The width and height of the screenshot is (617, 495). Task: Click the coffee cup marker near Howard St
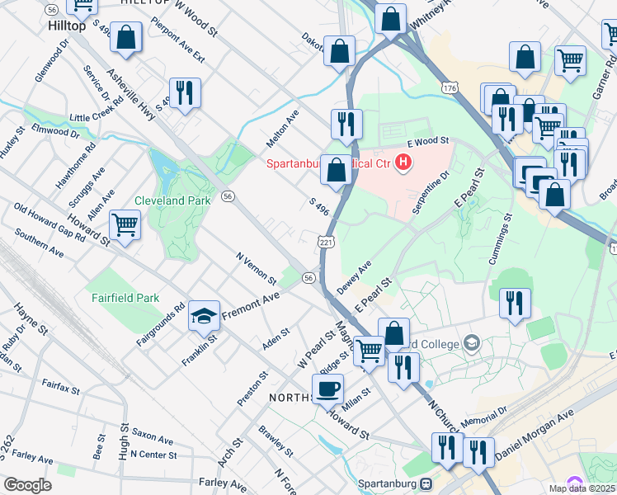[327, 388]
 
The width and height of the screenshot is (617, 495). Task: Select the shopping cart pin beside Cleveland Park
[125, 223]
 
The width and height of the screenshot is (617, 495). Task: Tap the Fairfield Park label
[124, 296]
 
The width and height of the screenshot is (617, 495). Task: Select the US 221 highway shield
[326, 242]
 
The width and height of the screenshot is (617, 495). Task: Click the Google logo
[27, 485]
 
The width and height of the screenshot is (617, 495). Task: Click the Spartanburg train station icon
[426, 483]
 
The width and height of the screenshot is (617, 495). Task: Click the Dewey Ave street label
[355, 277]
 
